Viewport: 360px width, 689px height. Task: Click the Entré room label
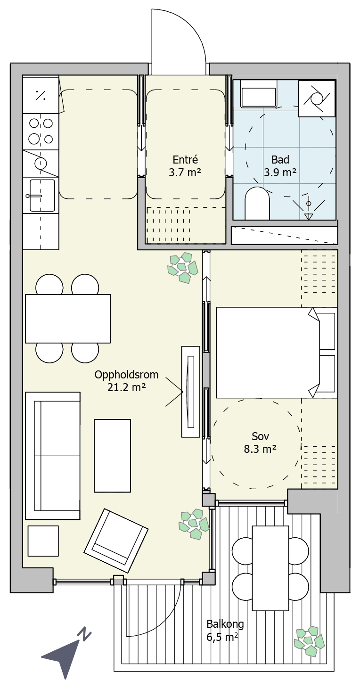[185, 160]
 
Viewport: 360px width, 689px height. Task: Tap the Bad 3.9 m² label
[280, 166]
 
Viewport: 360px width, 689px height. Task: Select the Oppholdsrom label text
[126, 375]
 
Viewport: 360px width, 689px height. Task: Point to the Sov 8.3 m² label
[260, 443]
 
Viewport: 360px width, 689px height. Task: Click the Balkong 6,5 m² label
[225, 630]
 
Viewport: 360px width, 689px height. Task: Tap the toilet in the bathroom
[257, 203]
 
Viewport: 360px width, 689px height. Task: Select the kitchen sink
[41, 196]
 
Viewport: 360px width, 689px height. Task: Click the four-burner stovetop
[41, 131]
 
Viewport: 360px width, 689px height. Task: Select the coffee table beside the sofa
[112, 456]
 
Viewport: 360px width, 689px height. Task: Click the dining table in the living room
[68, 319]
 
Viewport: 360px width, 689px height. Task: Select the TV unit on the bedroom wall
[191, 392]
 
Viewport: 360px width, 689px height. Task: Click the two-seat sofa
[53, 456]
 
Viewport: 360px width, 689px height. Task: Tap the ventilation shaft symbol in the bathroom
[317, 98]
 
